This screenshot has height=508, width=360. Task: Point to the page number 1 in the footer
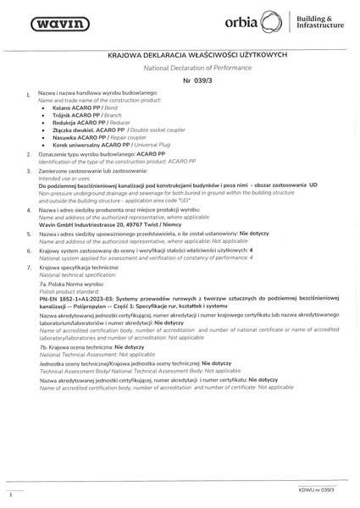click(x=9, y=493)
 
